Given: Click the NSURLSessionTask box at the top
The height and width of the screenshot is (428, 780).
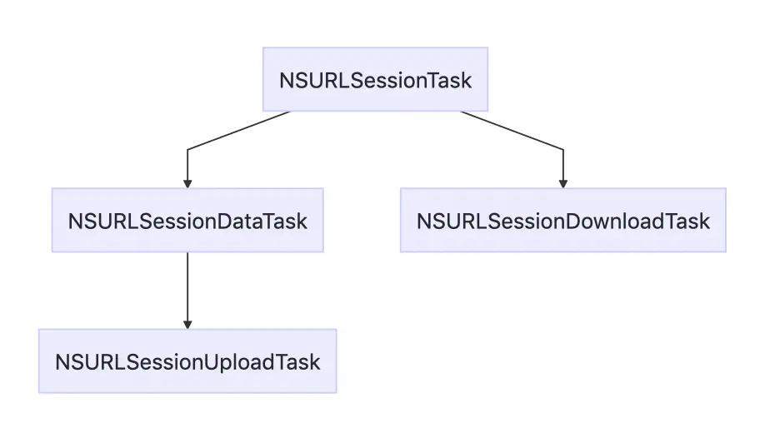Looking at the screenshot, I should click(375, 80).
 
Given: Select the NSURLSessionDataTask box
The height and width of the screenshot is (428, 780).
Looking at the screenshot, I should click(187, 221).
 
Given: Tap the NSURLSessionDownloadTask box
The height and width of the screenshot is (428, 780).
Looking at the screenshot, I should click(562, 221).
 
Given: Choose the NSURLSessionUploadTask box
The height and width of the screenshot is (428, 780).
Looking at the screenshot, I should click(187, 361).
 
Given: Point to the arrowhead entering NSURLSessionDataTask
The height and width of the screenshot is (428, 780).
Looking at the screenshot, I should click(187, 183).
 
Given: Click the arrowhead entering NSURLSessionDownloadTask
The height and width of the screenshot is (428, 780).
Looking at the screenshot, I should click(563, 183).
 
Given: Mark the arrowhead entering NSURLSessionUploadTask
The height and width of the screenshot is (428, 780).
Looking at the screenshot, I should click(187, 324).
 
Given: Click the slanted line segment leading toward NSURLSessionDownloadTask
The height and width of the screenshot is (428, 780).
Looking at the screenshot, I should click(512, 131).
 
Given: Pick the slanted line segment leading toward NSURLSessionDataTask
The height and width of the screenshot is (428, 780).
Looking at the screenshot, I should click(238, 131).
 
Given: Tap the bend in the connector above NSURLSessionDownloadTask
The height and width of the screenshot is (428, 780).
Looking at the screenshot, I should click(563, 150).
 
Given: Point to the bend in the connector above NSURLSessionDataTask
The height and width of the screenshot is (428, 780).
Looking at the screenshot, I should click(187, 150).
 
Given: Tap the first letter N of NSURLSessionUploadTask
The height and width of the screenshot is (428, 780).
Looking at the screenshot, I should click(62, 362).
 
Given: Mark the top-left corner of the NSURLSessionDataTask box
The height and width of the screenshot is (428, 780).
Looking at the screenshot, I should click(52, 189).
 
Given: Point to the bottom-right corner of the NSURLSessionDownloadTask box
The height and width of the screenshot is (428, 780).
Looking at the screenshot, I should click(725, 251).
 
